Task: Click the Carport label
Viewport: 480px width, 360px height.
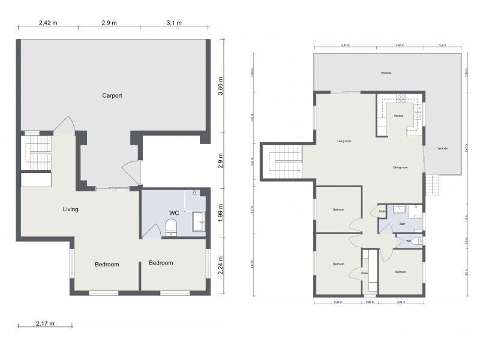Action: click(112, 95)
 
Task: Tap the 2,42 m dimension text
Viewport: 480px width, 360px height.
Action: click(49, 23)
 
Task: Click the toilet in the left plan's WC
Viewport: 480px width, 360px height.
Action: click(171, 227)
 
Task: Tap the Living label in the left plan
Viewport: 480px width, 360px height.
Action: click(71, 209)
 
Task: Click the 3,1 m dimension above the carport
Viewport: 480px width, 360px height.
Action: click(174, 23)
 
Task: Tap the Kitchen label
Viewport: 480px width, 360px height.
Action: click(398, 116)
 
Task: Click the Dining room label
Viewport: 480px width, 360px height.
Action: click(400, 167)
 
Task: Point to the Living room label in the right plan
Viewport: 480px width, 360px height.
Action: click(344, 142)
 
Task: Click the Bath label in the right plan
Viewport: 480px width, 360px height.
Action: click(402, 224)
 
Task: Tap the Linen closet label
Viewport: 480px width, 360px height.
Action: click(382, 211)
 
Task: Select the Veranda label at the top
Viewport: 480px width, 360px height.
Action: click(386, 73)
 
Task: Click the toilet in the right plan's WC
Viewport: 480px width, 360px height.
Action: click(417, 241)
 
